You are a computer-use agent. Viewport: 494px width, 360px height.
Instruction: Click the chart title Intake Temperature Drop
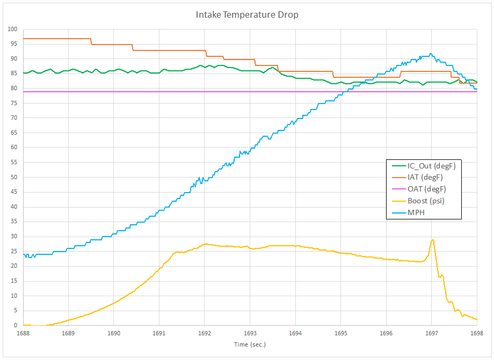pos(247,15)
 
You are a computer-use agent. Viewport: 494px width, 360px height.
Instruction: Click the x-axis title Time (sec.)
pos(250,344)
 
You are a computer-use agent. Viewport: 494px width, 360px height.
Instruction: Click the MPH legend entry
pos(417,212)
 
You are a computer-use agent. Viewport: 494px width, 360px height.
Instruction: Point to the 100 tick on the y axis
pos(12,29)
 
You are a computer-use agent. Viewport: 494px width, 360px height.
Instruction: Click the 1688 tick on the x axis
pos(23,333)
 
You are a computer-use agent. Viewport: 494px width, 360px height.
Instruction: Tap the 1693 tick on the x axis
pos(250,333)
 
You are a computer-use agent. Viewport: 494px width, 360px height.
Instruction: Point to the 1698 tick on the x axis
pos(477,333)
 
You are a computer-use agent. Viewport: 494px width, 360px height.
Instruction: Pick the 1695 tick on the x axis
pos(340,333)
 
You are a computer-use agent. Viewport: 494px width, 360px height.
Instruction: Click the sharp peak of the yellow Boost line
pos(433,240)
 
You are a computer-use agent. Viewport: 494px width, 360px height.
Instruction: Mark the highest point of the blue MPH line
pos(431,54)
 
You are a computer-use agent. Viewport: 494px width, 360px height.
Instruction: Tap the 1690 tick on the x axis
pos(114,333)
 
